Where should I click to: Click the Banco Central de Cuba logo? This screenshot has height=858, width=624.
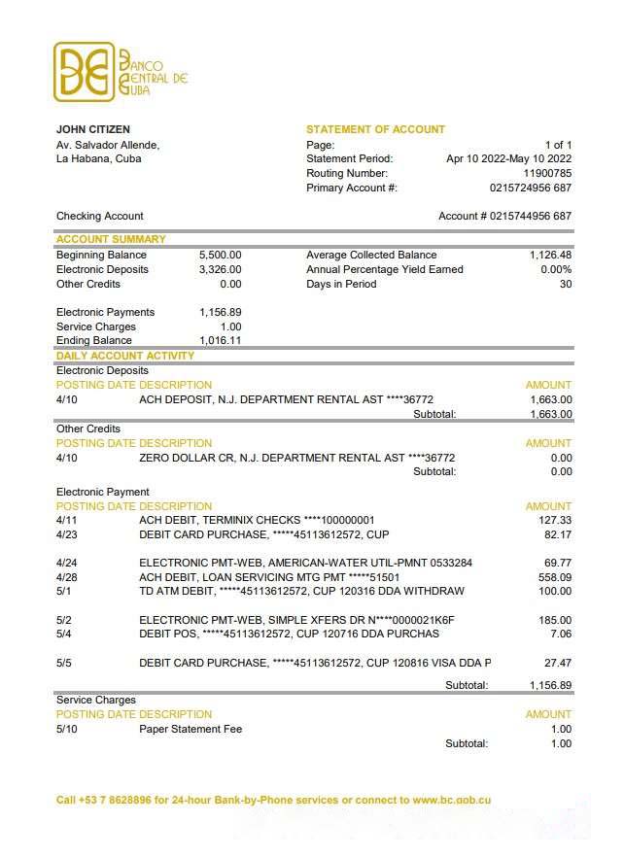coord(121,71)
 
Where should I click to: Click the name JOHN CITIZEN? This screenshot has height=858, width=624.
coord(93,129)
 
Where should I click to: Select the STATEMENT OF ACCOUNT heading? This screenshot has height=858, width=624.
coord(375,129)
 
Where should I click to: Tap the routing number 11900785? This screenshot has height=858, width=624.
coord(547,173)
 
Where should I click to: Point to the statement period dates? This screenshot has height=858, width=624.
coord(508,158)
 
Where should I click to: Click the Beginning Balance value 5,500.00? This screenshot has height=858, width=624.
coord(220,255)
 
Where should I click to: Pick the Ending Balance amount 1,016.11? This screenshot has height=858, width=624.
coord(220,341)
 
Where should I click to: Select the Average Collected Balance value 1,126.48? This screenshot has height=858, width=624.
coord(550,255)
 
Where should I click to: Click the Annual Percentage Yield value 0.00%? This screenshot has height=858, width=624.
coord(556,269)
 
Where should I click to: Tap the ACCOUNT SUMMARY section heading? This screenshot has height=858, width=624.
coord(111,239)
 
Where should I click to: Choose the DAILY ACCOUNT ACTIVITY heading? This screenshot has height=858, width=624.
coord(125,356)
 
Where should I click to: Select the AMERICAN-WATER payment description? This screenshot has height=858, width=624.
coord(305,563)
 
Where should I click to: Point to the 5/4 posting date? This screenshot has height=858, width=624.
coord(64,634)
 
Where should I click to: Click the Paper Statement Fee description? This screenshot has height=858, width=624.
coord(191,729)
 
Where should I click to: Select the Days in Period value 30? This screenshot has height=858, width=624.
coord(566,284)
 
